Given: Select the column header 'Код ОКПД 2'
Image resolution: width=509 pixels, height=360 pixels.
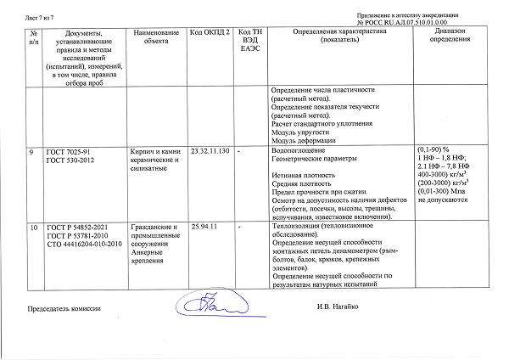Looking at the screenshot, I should tap(210, 31).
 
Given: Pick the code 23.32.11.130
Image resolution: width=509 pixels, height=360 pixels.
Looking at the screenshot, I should tap(210, 150).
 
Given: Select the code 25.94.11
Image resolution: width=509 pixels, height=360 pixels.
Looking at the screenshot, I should tap(205, 227).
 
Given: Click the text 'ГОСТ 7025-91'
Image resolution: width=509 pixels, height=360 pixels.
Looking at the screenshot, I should tap(68, 150).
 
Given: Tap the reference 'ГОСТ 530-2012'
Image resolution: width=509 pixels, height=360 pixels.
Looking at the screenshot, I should tap(70, 159).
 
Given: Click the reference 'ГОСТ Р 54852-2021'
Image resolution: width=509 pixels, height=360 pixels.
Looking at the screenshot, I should tap(78, 227).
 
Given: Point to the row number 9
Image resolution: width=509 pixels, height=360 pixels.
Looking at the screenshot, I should tap(31, 150).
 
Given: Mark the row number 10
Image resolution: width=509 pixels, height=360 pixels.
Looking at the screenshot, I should tap(33, 227).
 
